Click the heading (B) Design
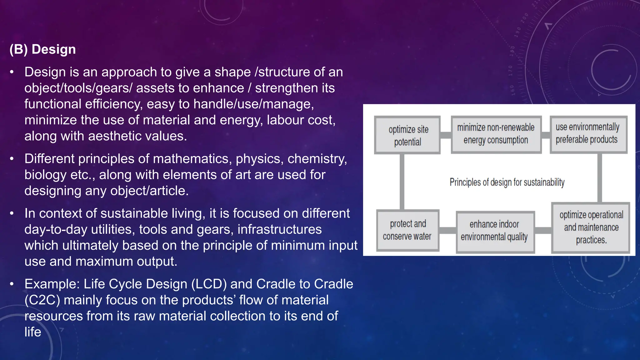click(x=42, y=49)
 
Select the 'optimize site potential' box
click(x=407, y=135)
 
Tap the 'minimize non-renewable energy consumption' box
click(x=496, y=134)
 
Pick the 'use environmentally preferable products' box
click(x=588, y=134)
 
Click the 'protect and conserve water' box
click(x=407, y=230)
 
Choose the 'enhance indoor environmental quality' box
click(x=495, y=231)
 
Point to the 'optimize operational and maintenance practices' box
click(x=591, y=228)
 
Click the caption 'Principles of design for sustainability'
click(x=507, y=182)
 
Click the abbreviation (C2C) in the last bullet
click(x=42, y=300)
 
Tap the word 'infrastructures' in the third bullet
click(x=279, y=229)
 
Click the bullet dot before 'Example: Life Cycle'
click(x=12, y=284)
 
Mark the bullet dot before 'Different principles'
click(x=12, y=159)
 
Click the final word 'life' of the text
click(x=33, y=332)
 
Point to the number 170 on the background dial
click(x=510, y=71)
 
